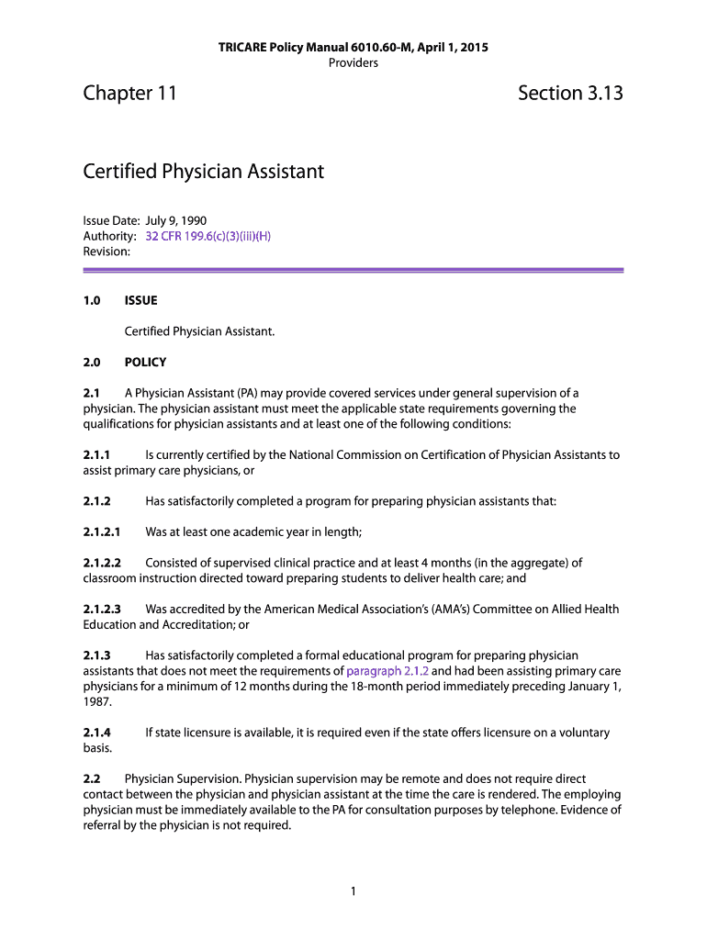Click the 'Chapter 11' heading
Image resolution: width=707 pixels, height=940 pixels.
pos(129,93)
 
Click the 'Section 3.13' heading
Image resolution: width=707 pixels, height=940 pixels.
pos(569,93)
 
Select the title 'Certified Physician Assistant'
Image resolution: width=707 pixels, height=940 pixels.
pos(203,172)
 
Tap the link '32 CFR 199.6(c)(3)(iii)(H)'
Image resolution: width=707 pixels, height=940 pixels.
pos(208,236)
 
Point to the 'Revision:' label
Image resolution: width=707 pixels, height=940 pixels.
pos(107,251)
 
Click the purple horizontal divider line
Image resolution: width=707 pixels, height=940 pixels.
pos(353,270)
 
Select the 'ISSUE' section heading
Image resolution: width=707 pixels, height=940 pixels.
pos(140,300)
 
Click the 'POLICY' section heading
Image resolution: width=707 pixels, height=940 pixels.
pos(145,362)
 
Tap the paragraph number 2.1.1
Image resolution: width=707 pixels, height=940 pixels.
pos(96,454)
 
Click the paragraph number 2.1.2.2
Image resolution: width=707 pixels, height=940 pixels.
pos(102,563)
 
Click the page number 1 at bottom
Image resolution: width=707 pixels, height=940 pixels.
pos(353,891)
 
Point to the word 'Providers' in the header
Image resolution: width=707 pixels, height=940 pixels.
pos(353,62)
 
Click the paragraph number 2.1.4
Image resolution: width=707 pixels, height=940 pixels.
pos(96,733)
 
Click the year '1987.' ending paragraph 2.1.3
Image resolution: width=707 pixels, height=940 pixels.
pos(97,701)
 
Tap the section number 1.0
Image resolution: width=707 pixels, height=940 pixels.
pos(92,300)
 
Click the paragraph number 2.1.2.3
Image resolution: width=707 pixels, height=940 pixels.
pos(102,609)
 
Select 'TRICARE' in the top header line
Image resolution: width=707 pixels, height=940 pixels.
pos(241,47)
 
